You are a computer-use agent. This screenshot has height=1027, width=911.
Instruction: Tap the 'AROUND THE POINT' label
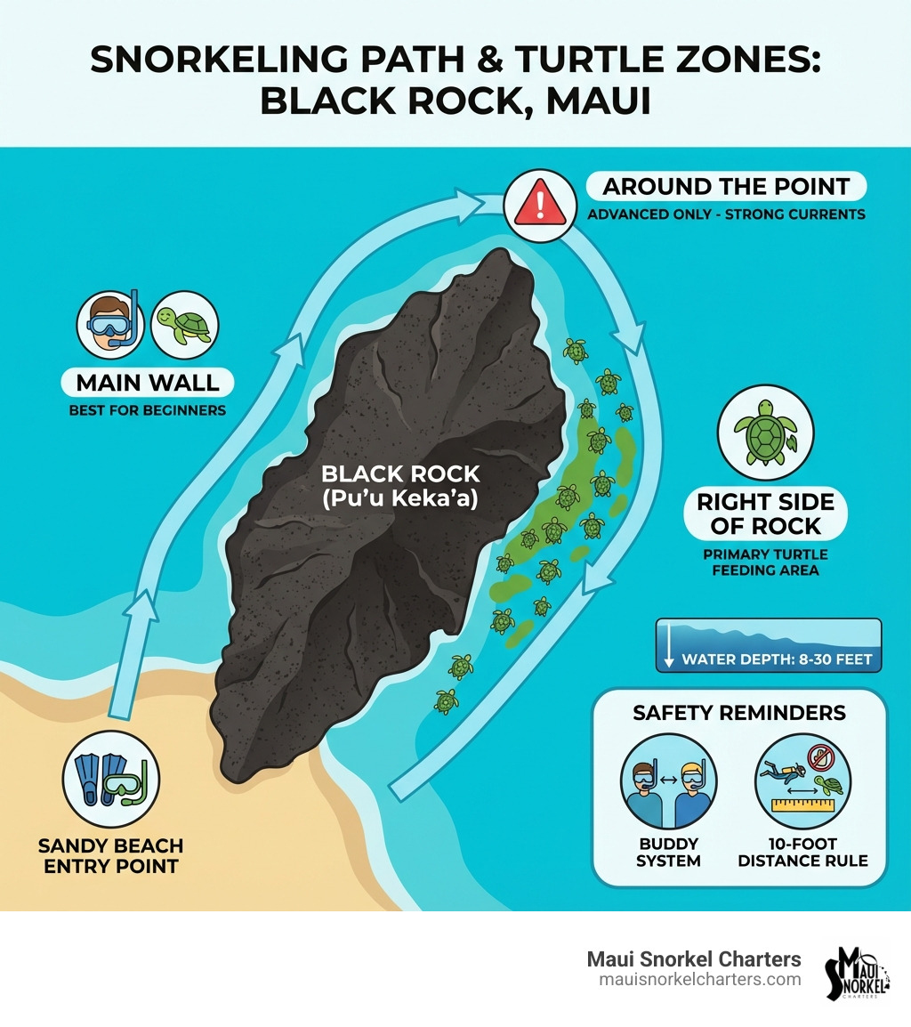tap(726, 187)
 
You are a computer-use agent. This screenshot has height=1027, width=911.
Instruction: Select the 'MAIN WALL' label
tap(148, 383)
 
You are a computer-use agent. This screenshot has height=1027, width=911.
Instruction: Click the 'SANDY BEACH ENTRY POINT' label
tap(112, 854)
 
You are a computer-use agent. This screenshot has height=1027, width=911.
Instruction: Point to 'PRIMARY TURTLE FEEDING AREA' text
tap(765, 562)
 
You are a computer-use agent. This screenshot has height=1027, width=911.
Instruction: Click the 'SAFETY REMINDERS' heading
tap(739, 713)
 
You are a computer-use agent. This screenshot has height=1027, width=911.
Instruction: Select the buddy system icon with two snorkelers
tap(667, 780)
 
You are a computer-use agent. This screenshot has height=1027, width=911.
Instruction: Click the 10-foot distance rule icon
tap(802, 780)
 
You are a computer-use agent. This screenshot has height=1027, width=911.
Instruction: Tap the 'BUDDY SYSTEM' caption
tap(669, 852)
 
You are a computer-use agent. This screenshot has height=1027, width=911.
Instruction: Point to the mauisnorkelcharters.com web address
tap(700, 980)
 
